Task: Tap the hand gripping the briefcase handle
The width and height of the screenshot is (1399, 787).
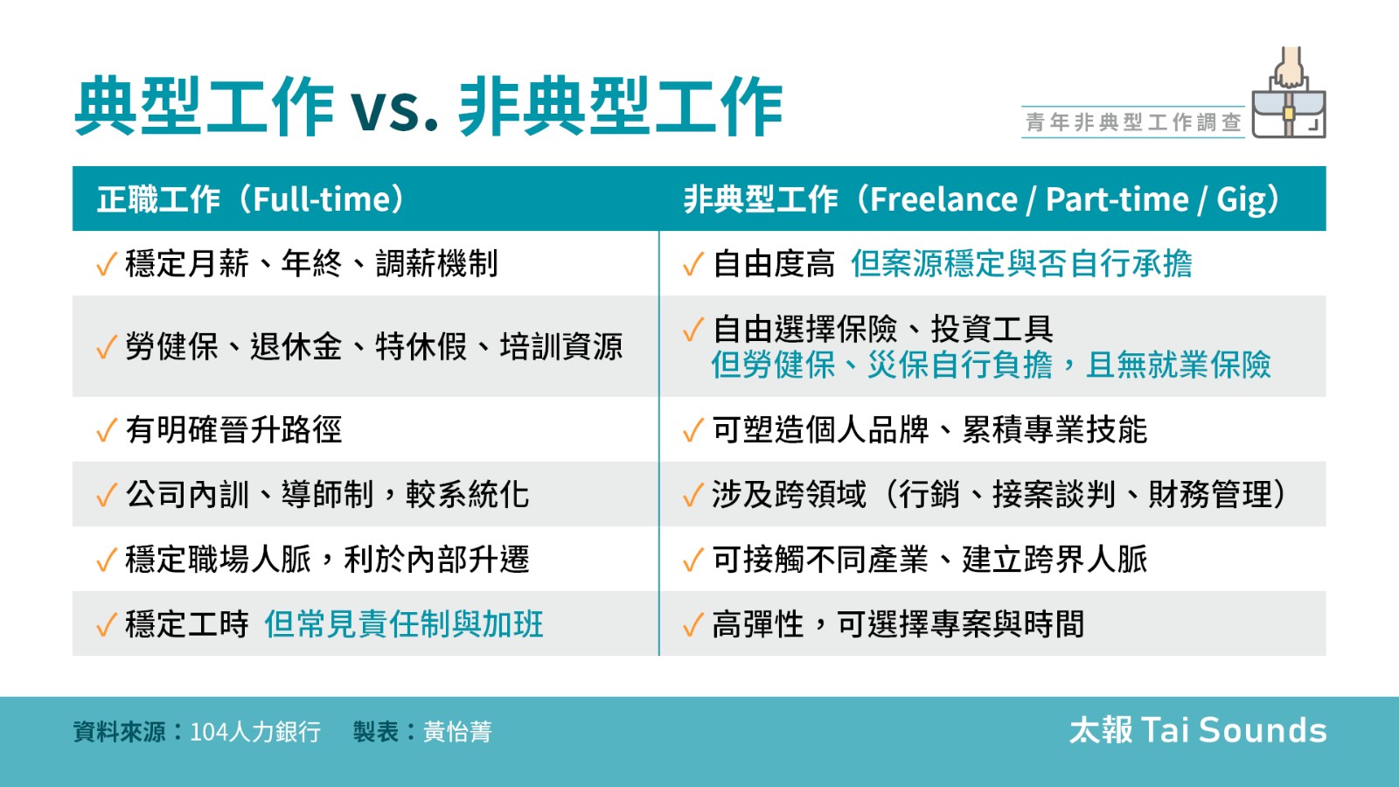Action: tap(1289, 67)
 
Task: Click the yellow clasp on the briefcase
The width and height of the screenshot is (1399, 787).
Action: tap(1289, 113)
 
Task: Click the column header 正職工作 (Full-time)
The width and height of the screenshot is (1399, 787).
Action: tap(253, 199)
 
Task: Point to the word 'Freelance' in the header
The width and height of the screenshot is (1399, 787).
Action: tap(943, 200)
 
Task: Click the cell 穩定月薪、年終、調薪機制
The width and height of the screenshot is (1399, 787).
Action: tap(311, 263)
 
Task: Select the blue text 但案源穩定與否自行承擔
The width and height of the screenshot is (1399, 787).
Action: tap(1022, 263)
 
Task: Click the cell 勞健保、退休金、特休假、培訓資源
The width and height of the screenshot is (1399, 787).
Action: tap(373, 346)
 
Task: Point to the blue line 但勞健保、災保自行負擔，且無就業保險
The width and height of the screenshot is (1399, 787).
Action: tap(992, 365)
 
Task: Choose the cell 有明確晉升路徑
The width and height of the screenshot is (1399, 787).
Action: tap(233, 429)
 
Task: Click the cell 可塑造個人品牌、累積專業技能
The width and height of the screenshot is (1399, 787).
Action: tap(929, 429)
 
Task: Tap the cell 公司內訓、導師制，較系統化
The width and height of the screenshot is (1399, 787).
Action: tap(327, 494)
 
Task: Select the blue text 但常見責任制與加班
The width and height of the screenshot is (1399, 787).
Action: tap(403, 624)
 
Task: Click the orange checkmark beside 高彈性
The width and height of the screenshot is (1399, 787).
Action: tap(693, 624)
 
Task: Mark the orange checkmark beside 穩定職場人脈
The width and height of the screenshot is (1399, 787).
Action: tap(106, 560)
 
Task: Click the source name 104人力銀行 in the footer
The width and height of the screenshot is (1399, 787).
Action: tap(254, 731)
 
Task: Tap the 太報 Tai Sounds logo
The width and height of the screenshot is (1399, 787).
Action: tap(1198, 730)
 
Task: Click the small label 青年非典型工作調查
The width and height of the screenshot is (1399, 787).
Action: tap(1133, 122)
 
